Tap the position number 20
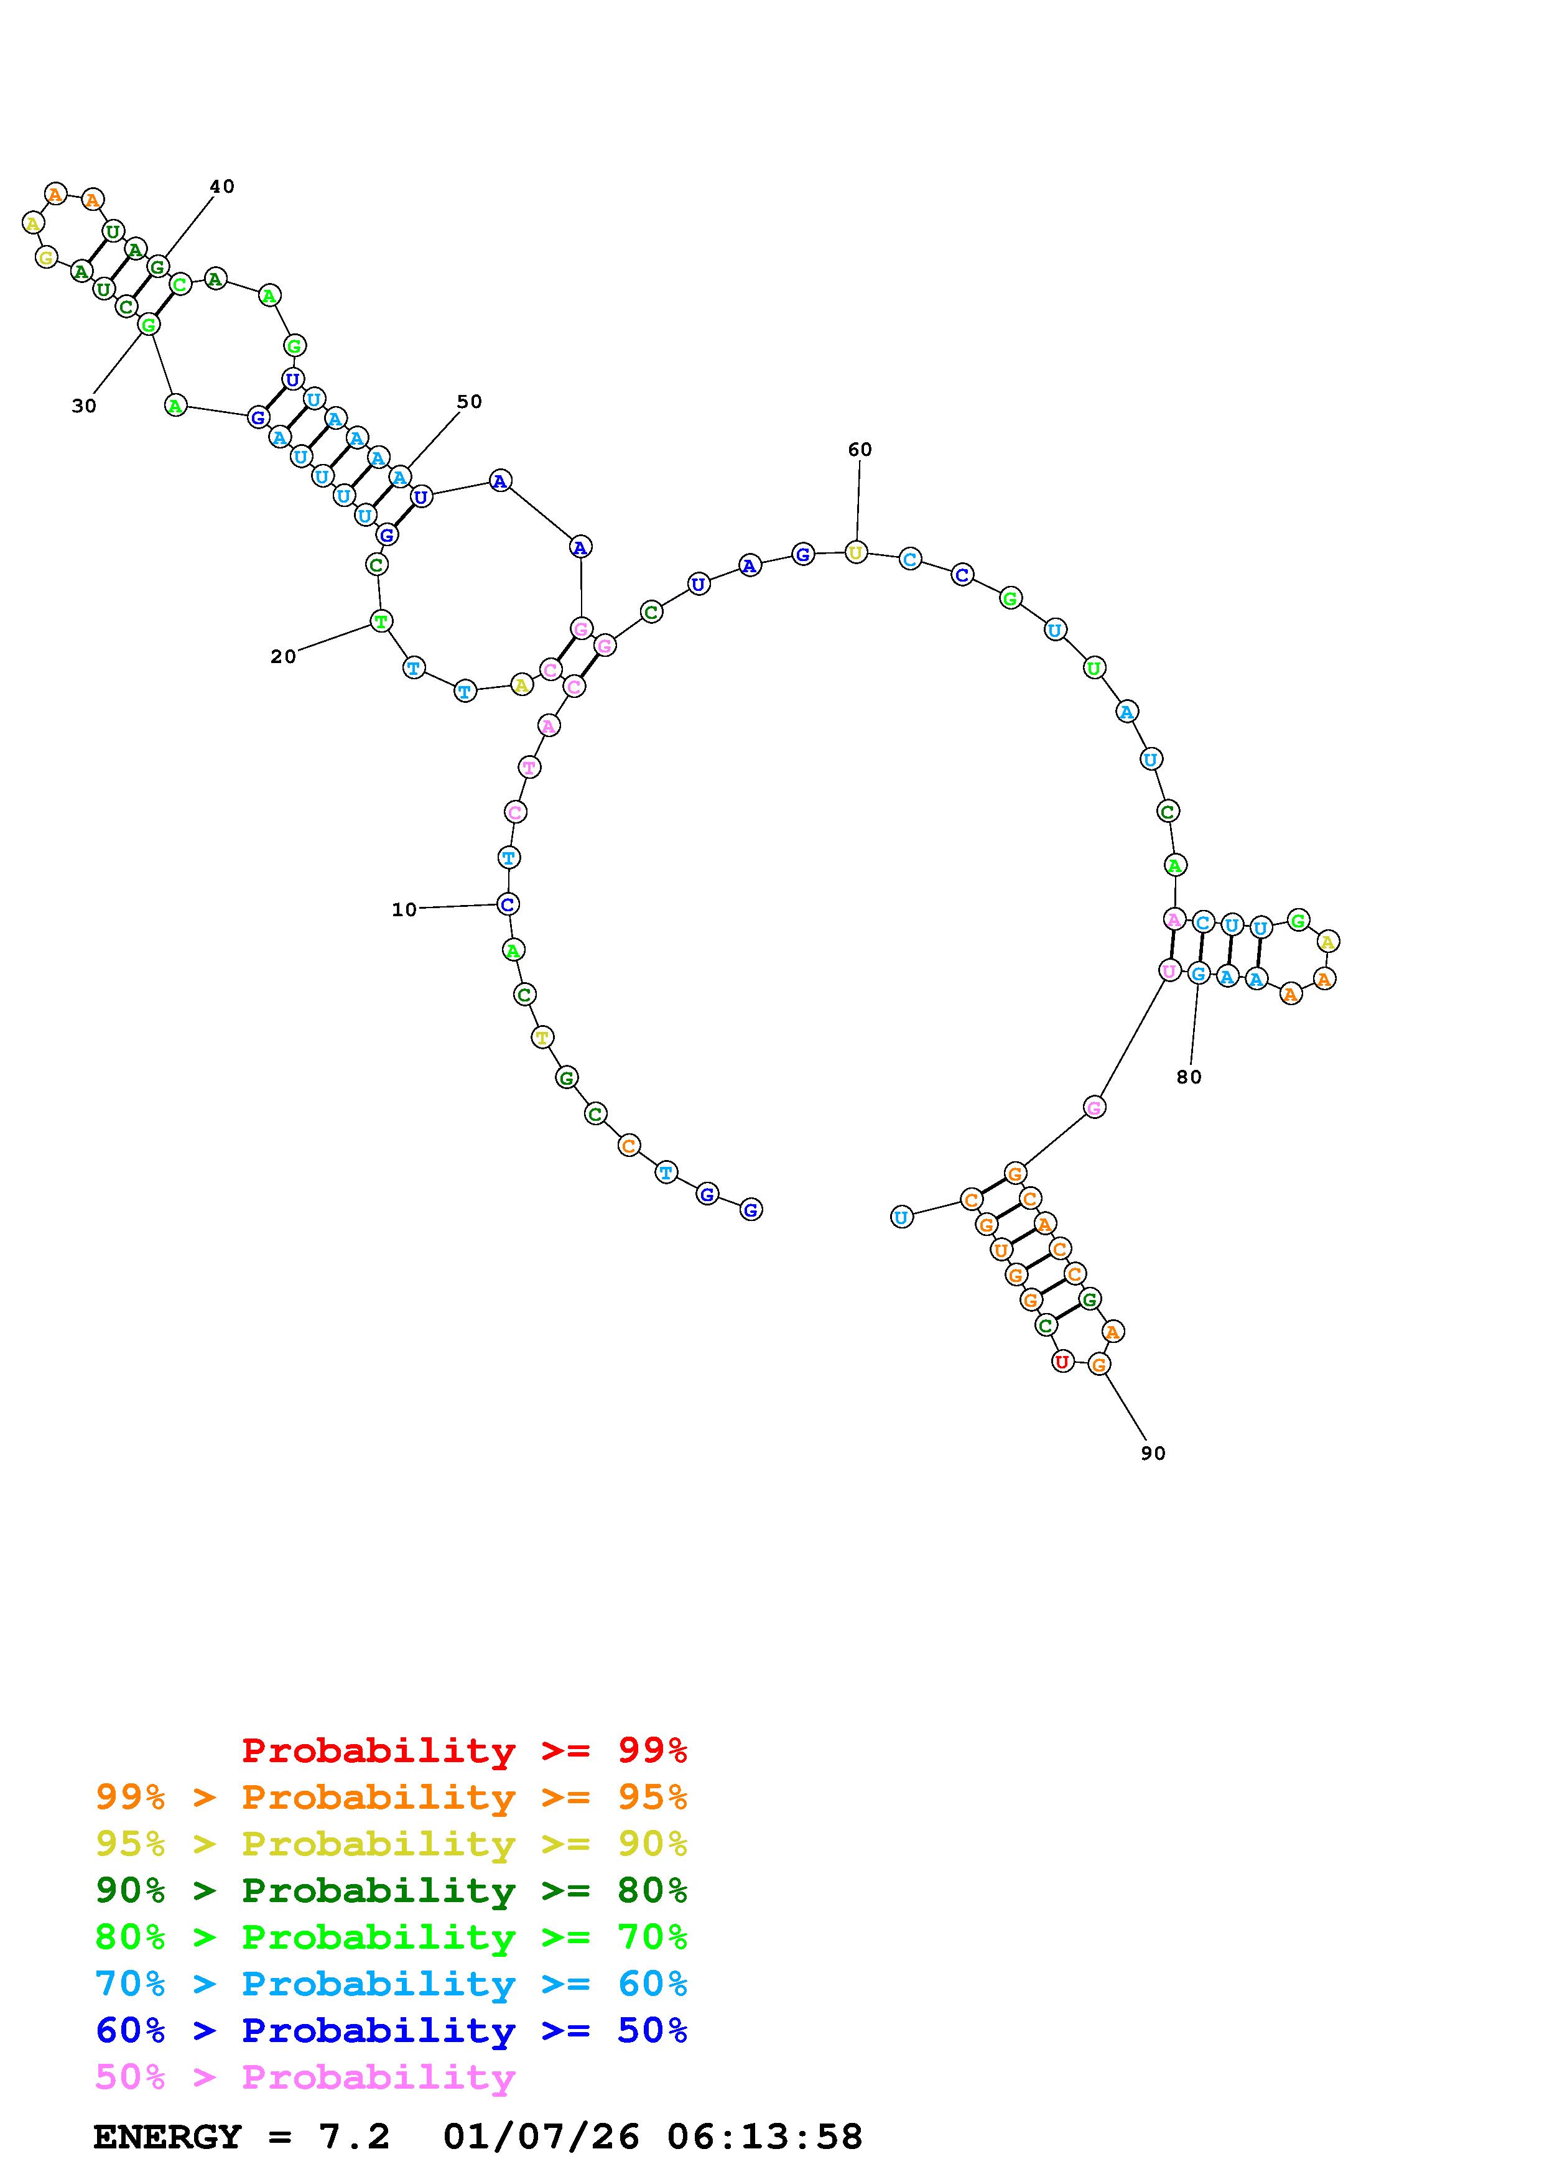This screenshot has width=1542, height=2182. [x=283, y=657]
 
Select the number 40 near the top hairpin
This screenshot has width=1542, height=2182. [x=221, y=186]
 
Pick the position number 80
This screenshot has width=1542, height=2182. [x=1189, y=1077]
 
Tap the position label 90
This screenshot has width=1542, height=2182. [x=1153, y=1453]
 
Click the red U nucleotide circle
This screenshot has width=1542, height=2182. [x=1062, y=1362]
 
